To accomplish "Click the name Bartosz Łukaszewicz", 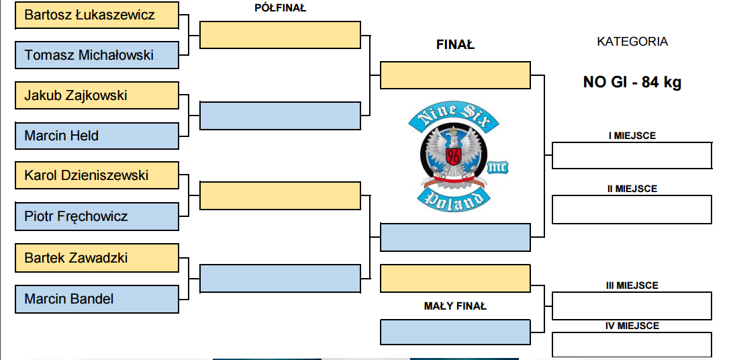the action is [x=89, y=15].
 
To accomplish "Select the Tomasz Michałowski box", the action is [x=97, y=55].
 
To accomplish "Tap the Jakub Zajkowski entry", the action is [x=97, y=95].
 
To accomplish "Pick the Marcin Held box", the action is [x=97, y=136].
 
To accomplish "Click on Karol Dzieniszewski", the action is [x=87, y=175].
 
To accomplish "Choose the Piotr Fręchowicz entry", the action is [x=97, y=216].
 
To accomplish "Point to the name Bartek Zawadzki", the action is [x=76, y=258].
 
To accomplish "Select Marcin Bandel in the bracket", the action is [x=97, y=300].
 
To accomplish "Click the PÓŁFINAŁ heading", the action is [x=280, y=7].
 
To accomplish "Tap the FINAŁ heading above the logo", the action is [x=455, y=45].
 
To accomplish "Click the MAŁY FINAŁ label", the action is [x=455, y=306].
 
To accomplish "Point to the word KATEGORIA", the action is [x=632, y=42].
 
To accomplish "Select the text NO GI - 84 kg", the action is [x=632, y=83].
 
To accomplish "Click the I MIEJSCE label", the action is [x=632, y=136].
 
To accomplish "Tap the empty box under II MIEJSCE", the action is [x=632, y=210].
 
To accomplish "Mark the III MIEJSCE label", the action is [x=632, y=285].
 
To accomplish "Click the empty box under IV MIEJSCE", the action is [x=632, y=345].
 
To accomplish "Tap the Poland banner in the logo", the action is [x=453, y=199].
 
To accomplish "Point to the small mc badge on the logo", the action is [x=497, y=167].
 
